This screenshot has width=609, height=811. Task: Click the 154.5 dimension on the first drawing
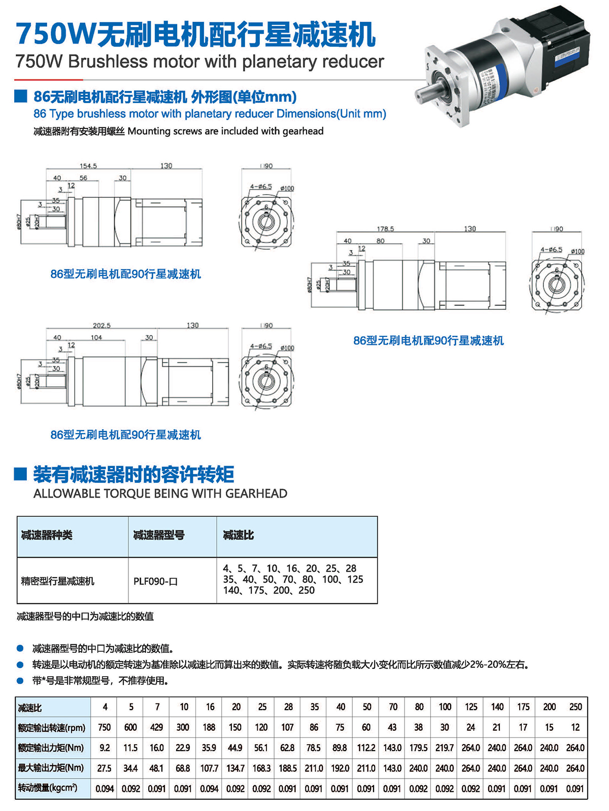(x=88, y=166)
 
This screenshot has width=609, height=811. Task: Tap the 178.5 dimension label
(x=385, y=229)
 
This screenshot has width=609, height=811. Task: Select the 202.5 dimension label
(x=101, y=326)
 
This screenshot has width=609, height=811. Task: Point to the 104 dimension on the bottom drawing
(x=96, y=338)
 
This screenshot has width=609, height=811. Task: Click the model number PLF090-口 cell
(x=156, y=581)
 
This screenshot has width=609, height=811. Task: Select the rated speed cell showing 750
(x=104, y=727)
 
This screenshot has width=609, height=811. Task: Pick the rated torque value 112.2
(x=366, y=748)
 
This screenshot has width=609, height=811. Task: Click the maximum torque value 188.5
(x=288, y=768)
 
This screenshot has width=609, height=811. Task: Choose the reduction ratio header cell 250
(x=575, y=707)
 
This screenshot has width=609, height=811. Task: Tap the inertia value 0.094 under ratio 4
(x=104, y=789)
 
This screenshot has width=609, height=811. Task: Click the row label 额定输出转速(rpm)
(x=52, y=728)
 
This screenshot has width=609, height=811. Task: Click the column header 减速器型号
(x=159, y=535)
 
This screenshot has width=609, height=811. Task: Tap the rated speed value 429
(x=156, y=727)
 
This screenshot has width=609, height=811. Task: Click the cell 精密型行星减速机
(x=58, y=581)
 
